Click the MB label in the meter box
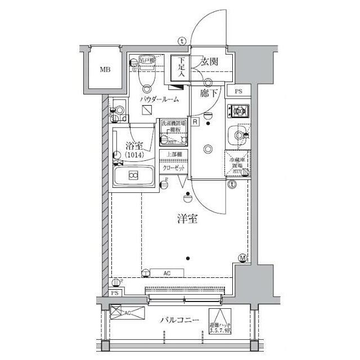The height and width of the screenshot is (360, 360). (x=105, y=70)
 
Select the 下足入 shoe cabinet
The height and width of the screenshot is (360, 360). (x=181, y=69)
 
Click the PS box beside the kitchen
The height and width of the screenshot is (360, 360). (x=238, y=92)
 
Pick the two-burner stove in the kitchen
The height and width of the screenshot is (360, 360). (x=238, y=111)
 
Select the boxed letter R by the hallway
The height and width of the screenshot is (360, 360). (x=194, y=121)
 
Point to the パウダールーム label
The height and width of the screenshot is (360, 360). (x=160, y=100)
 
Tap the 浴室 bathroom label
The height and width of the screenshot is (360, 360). (x=133, y=147)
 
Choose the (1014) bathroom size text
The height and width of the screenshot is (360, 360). (x=134, y=155)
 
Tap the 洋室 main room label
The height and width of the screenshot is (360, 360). (x=187, y=220)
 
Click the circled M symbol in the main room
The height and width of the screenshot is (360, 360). (x=243, y=258)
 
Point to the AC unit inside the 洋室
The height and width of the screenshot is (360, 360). (x=167, y=273)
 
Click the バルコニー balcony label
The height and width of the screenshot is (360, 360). (x=179, y=320)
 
